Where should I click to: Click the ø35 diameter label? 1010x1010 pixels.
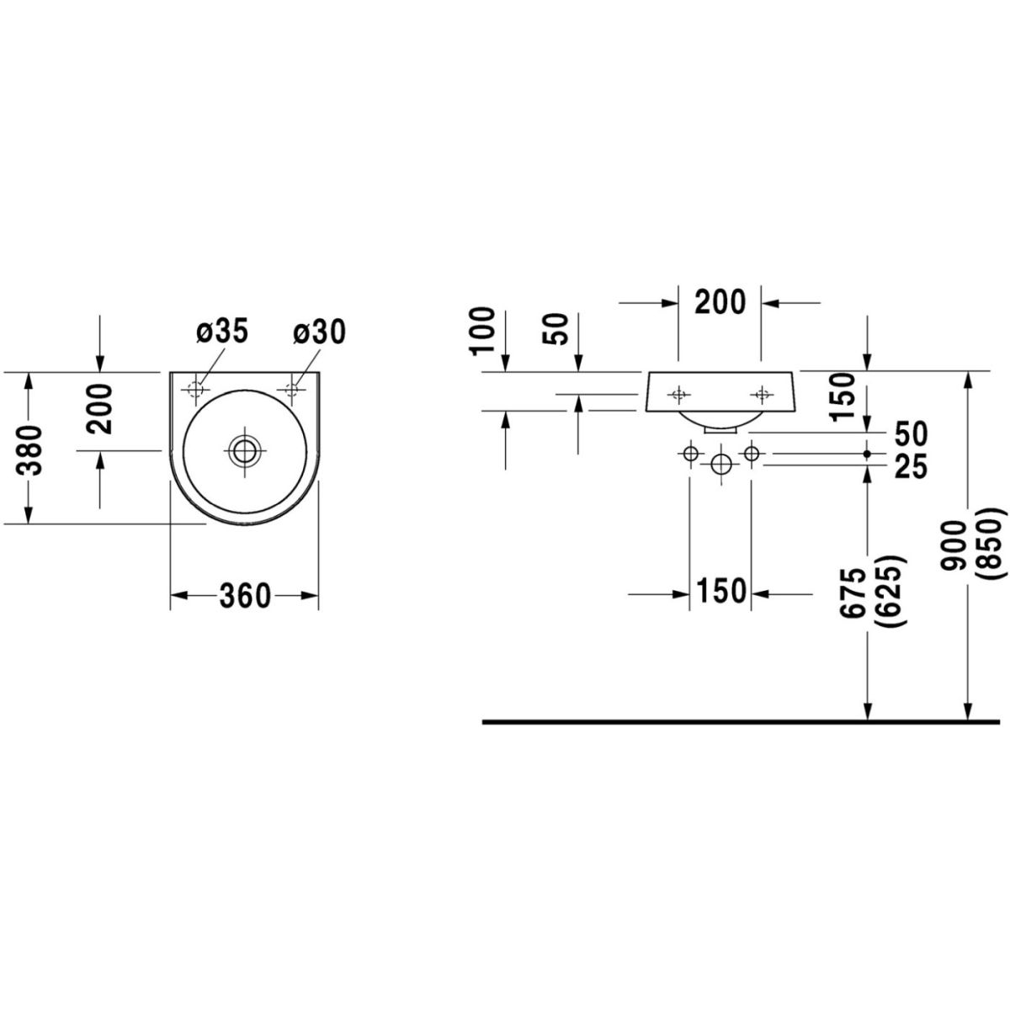point(222,333)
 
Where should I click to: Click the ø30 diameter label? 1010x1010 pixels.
point(320,333)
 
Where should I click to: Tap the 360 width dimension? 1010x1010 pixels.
point(245,597)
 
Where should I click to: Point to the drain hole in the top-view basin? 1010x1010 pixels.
point(244,451)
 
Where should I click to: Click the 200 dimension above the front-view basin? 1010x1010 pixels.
point(720,300)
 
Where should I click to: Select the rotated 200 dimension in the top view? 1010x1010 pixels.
point(99,409)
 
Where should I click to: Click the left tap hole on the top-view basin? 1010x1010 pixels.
point(196,390)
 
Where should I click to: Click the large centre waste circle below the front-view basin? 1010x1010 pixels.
point(720,465)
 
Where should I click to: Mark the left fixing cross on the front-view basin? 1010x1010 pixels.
point(678,393)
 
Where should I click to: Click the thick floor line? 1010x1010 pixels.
point(741,721)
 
